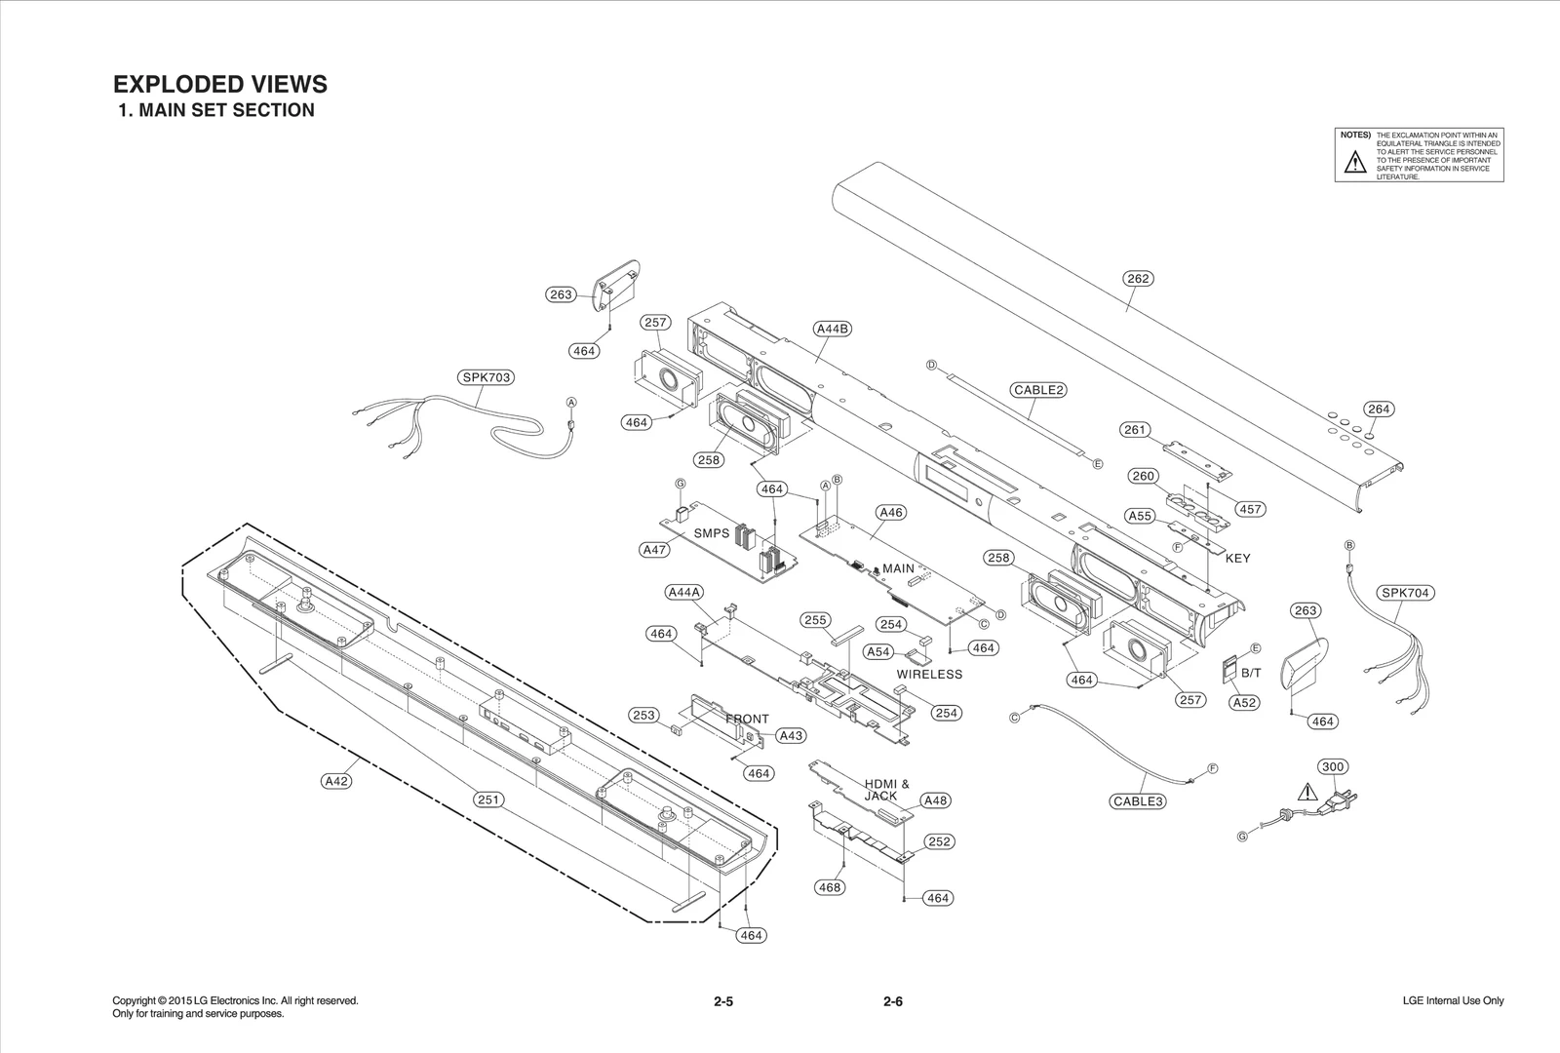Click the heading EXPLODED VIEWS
220,84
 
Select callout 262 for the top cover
1138,279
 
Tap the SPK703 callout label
487,377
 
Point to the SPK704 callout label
1406,593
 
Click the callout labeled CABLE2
1038,390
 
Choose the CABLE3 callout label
1138,801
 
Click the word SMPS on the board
711,533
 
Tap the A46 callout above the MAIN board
891,512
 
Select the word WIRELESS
929,674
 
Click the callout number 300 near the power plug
1333,766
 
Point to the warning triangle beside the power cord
1306,792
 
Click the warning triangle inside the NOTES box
1354,163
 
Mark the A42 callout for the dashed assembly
336,781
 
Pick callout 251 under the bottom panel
487,799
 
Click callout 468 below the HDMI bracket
830,887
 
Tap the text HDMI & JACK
886,790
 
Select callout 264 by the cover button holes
1378,409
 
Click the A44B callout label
832,329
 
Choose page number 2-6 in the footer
893,1001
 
